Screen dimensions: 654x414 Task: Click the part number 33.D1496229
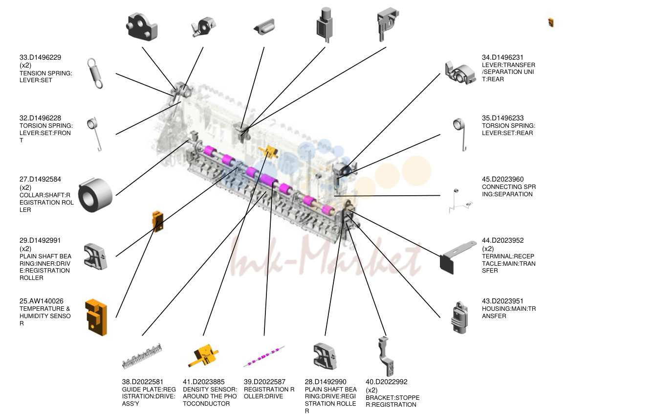click(x=40, y=57)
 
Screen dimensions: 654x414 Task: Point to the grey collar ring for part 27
click(x=95, y=195)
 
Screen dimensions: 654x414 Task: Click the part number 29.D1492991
click(x=40, y=240)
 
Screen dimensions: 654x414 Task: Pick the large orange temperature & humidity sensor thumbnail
click(x=96, y=317)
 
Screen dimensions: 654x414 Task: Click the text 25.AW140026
click(x=42, y=301)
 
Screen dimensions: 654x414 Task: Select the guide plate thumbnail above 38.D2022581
click(x=142, y=356)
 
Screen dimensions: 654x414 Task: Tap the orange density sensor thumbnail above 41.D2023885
click(x=203, y=356)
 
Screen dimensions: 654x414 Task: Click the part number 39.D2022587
click(x=264, y=382)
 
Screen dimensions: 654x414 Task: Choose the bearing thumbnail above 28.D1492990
click(x=325, y=356)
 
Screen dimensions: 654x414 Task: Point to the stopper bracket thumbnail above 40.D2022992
click(x=386, y=356)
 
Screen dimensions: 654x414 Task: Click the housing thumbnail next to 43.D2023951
click(x=460, y=318)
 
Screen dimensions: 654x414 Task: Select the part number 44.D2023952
click(x=503, y=240)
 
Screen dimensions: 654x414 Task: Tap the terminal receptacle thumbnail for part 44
click(x=457, y=257)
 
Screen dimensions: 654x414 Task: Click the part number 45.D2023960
click(x=503, y=179)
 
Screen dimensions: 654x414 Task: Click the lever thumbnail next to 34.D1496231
click(x=460, y=73)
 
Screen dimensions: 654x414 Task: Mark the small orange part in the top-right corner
click(x=551, y=23)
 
